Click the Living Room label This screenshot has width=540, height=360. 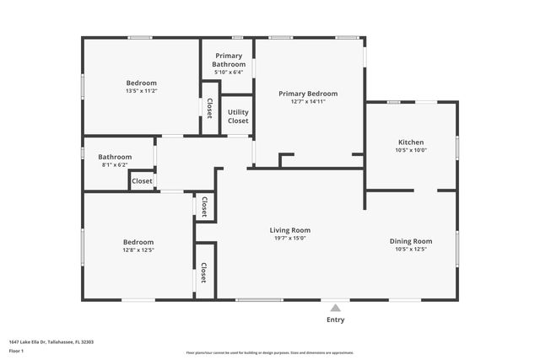click(289, 230)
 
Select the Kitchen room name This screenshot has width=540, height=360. click(411, 142)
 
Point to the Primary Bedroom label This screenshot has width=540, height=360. click(308, 94)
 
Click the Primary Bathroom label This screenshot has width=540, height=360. click(229, 60)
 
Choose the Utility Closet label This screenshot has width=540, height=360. click(238, 116)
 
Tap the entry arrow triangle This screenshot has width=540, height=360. click(335, 308)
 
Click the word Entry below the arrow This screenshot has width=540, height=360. click(335, 320)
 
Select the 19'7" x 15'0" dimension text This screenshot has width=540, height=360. click(289, 239)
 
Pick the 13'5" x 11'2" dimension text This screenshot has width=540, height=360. click(141, 91)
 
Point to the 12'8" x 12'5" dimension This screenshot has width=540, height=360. click(138, 250)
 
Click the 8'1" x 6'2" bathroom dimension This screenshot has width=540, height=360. click(115, 165)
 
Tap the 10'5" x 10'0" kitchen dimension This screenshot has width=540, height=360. click(411, 150)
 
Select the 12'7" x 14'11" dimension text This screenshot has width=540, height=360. click(308, 102)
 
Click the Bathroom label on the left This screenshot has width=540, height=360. click(115, 157)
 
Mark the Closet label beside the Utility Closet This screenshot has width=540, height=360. click(209, 109)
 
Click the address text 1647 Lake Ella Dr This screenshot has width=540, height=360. click(51, 342)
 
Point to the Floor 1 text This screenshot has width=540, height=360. click(16, 351)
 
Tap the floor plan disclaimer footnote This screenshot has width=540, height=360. click(269, 352)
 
